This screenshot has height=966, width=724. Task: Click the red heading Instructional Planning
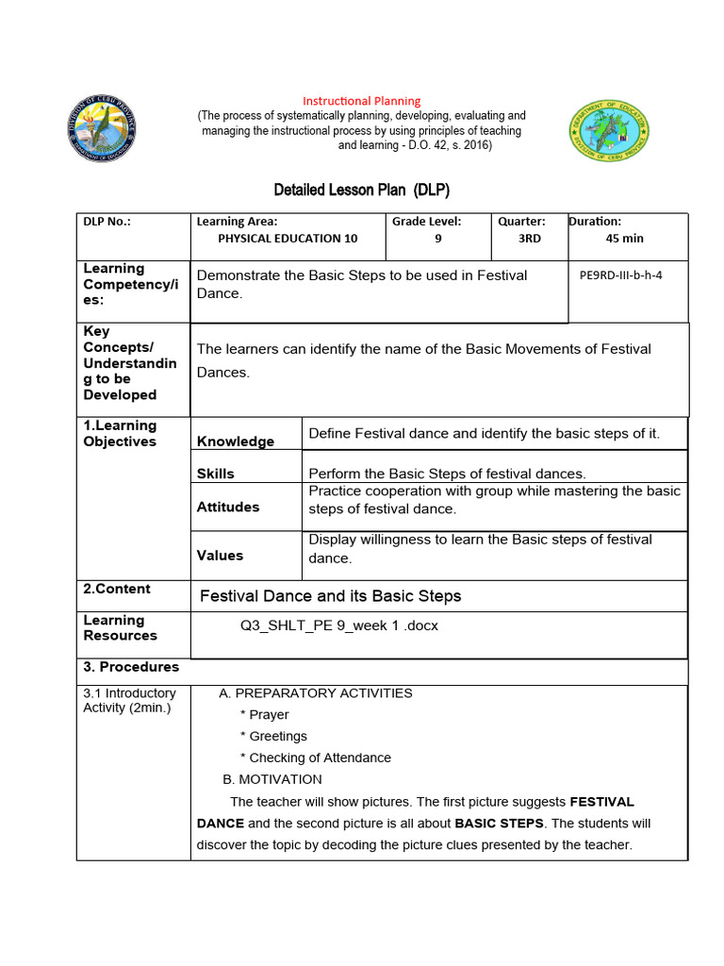tap(361, 101)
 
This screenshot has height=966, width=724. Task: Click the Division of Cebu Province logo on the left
tap(102, 127)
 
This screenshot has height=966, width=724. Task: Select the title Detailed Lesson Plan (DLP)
tap(361, 190)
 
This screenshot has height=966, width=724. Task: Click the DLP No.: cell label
tap(107, 222)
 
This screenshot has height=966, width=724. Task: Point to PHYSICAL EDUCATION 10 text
tap(288, 239)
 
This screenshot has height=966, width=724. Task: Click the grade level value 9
tap(437, 239)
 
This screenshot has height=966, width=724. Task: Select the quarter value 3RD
tap(530, 239)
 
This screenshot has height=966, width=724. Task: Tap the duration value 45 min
tap(624, 239)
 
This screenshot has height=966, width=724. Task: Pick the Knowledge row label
tap(236, 441)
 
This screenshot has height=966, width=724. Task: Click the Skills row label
tap(216, 474)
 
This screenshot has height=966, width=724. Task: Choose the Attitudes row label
tap(228, 507)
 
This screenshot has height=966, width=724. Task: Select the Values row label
tap(220, 556)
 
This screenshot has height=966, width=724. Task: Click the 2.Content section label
tap(117, 589)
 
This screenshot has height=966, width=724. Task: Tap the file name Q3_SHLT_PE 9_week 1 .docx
tap(339, 625)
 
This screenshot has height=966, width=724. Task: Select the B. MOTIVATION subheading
tap(272, 779)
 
